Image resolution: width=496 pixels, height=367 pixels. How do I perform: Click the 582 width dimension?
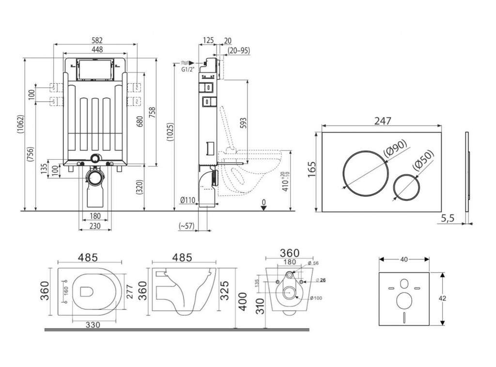coord(96,40)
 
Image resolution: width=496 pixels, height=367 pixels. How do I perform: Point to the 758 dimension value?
coord(153,113)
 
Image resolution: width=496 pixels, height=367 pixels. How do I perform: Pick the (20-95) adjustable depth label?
coord(238,51)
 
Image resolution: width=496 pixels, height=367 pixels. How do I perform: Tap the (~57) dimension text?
coord(186,226)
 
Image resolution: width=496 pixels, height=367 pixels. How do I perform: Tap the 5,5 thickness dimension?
coord(448,218)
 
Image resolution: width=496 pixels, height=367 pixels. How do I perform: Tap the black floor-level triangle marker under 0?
coord(263,208)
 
